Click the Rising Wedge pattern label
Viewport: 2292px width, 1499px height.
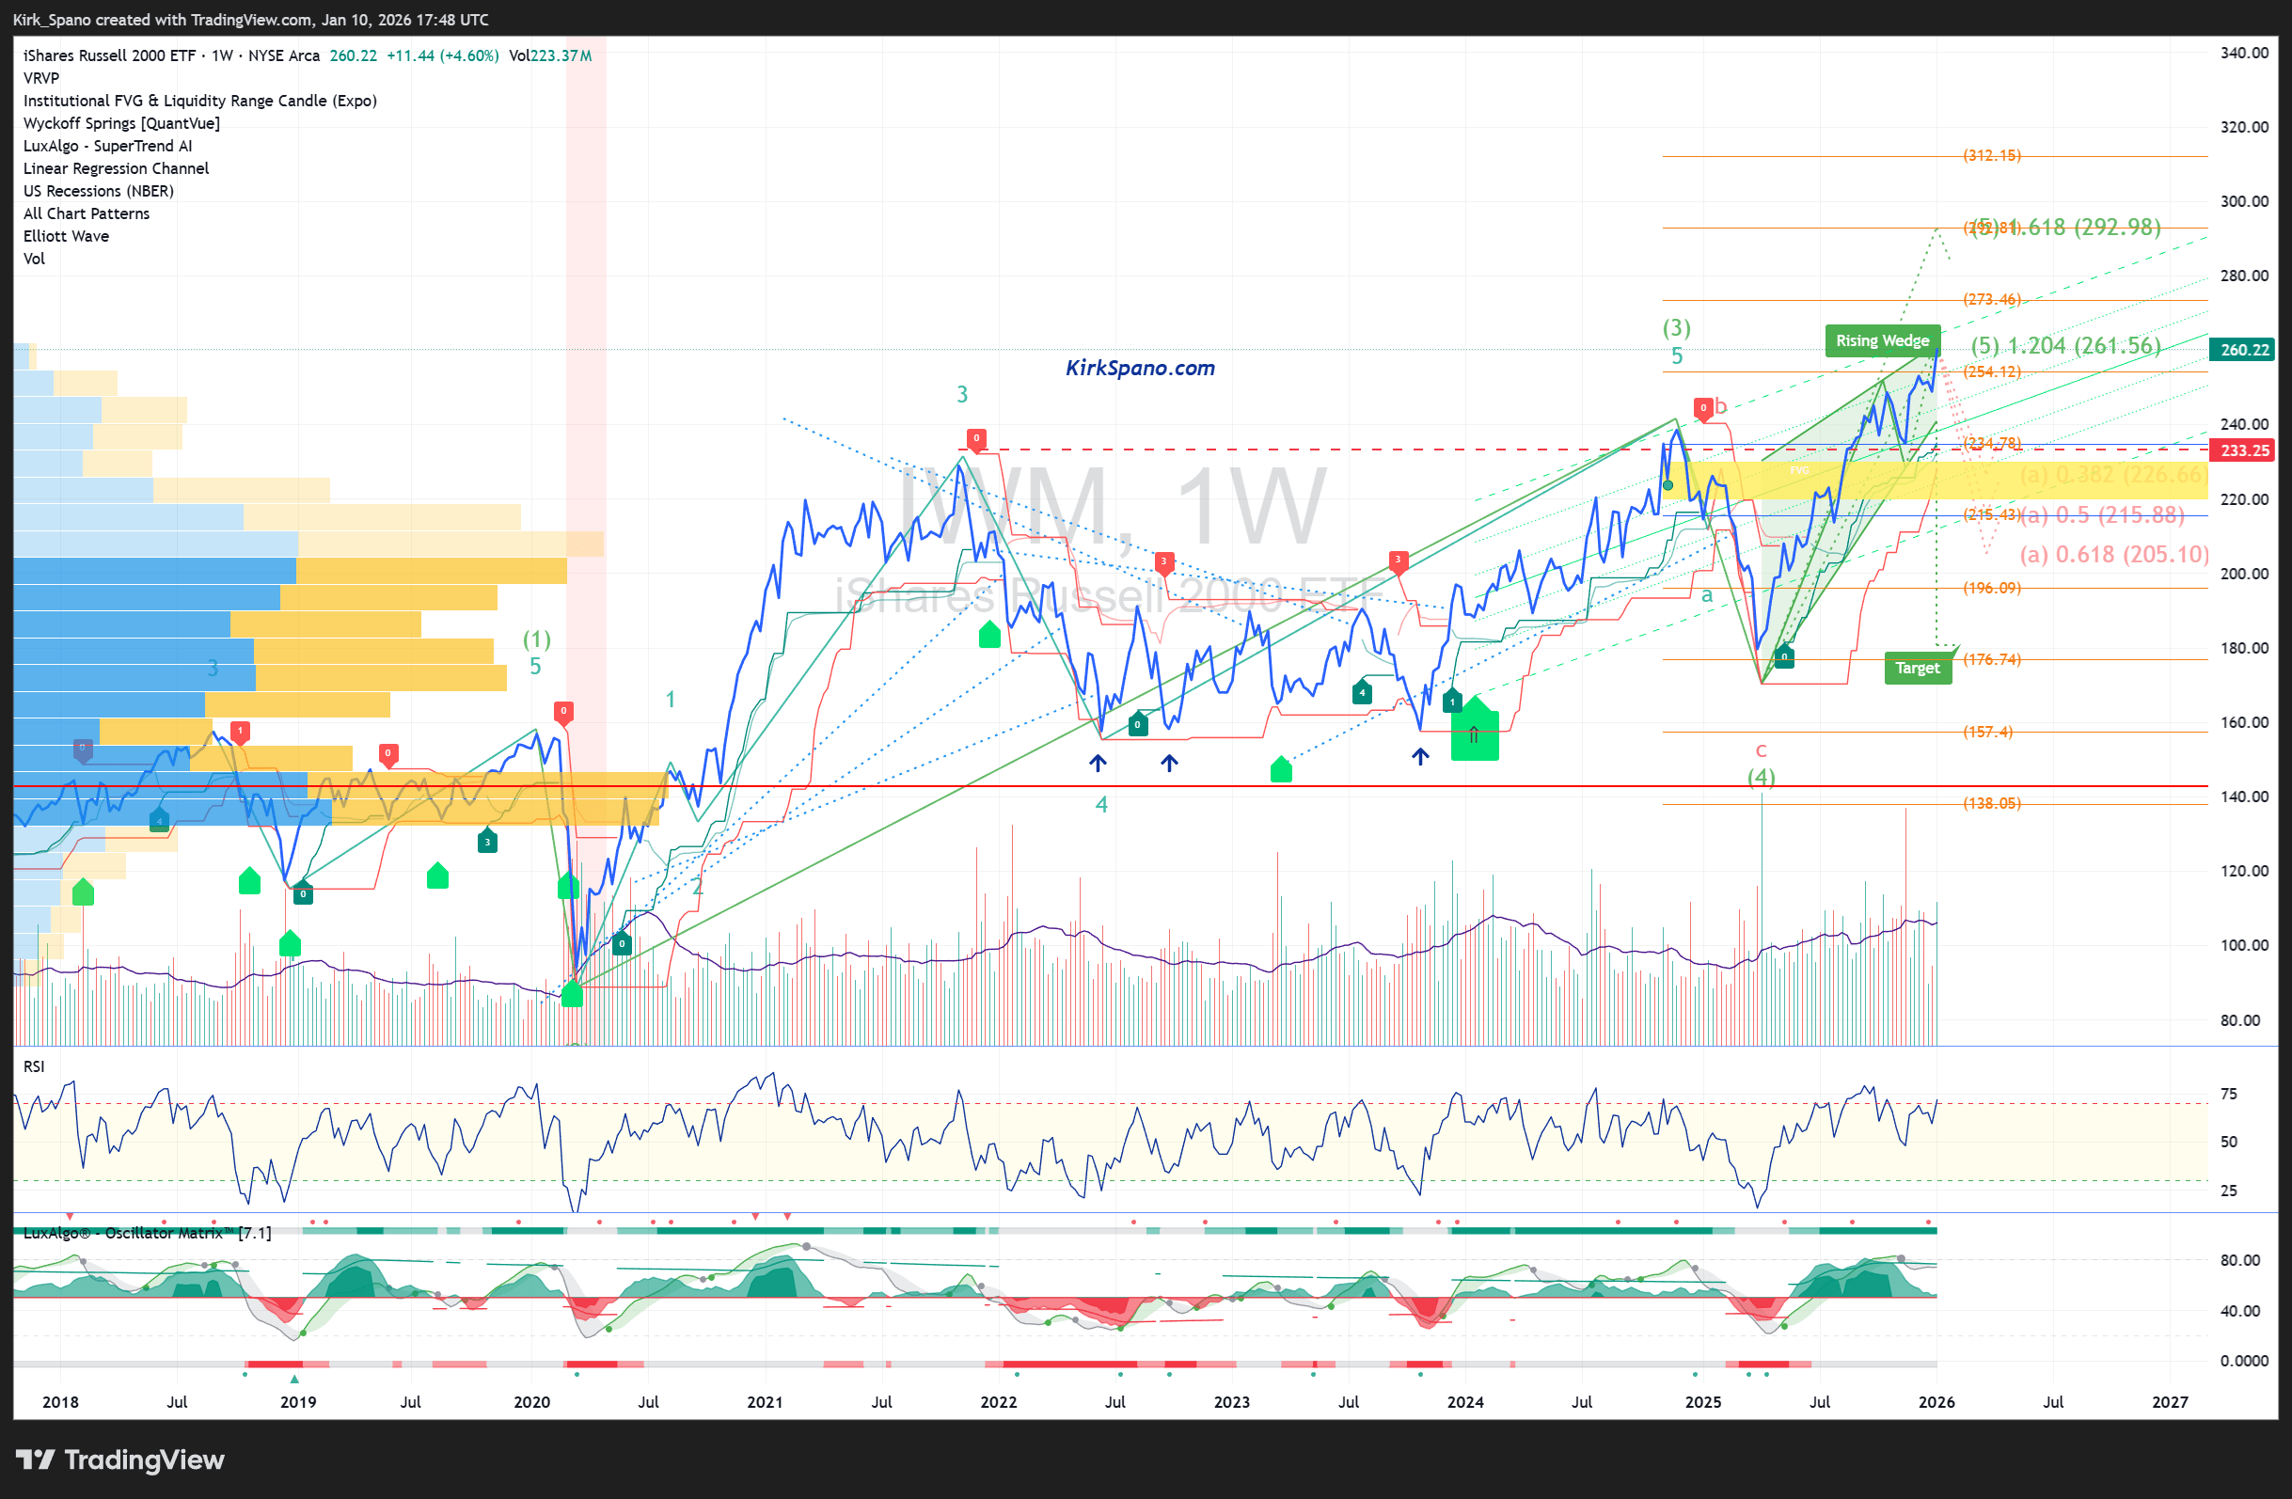(1882, 340)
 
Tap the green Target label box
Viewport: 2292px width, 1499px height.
(1917, 668)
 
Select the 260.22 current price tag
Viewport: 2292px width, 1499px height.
(2244, 350)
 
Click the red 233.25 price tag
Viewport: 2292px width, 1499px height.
(2244, 450)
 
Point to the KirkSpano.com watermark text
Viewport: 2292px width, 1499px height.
(1139, 368)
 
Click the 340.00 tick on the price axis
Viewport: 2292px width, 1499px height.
(2244, 53)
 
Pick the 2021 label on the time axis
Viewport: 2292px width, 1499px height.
(765, 1402)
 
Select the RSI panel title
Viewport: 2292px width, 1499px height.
(34, 1066)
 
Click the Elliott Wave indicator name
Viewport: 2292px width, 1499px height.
(66, 236)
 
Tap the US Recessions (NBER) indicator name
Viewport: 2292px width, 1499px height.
(98, 191)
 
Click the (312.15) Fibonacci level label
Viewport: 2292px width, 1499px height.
(1992, 155)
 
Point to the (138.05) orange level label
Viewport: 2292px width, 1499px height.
(1992, 803)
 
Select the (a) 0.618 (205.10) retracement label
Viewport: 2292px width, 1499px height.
(2114, 555)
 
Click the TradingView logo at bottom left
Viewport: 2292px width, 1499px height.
(120, 1460)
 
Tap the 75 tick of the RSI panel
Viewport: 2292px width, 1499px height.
(2228, 1094)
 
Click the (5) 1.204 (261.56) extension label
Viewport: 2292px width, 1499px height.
(2064, 346)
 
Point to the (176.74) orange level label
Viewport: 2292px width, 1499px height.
(1992, 659)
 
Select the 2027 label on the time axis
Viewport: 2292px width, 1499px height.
(2170, 1402)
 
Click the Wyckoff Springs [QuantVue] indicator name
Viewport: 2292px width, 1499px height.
(121, 123)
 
